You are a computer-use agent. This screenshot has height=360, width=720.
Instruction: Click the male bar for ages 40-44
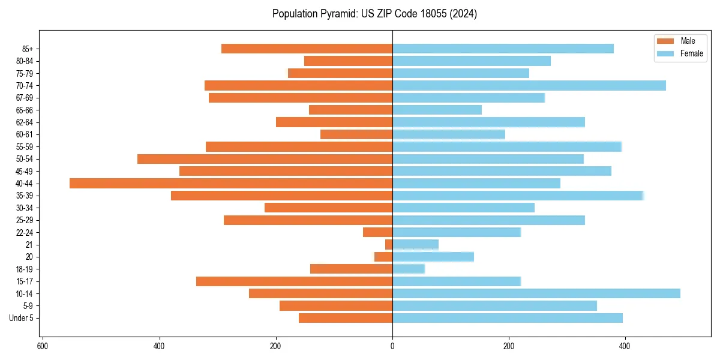(231, 183)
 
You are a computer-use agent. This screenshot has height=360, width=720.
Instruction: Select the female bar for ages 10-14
(536, 293)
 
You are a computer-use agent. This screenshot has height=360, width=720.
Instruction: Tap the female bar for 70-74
(529, 85)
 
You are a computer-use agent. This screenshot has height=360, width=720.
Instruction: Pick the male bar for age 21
(389, 244)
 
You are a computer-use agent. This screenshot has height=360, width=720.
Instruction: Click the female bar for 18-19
(408, 269)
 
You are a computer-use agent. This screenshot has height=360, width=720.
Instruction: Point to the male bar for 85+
(307, 49)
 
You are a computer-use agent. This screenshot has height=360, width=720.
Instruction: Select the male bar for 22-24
(377, 232)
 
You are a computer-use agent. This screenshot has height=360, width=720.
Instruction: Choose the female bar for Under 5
(507, 318)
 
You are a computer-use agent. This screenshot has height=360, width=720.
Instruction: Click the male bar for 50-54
(265, 159)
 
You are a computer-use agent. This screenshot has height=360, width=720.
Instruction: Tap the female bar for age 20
(433, 257)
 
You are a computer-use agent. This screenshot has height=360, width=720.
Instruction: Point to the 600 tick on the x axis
(43, 347)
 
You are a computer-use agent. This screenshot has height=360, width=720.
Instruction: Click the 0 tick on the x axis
(392, 347)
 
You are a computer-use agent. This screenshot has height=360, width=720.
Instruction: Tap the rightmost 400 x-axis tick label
(625, 347)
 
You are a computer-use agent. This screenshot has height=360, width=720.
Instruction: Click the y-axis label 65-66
(24, 110)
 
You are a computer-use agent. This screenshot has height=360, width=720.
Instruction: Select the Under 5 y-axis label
(21, 318)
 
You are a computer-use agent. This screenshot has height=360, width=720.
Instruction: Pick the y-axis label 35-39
(24, 196)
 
